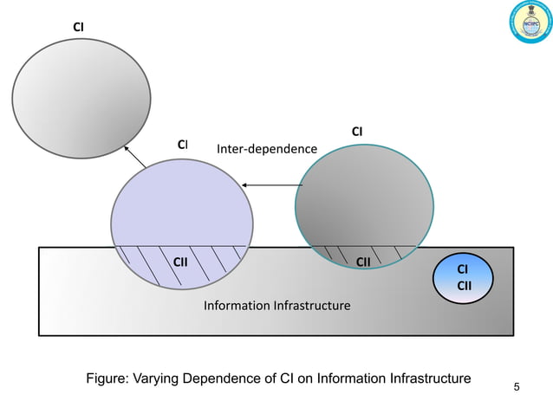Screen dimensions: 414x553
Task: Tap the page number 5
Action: click(x=517, y=386)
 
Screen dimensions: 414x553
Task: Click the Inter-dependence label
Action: click(x=266, y=149)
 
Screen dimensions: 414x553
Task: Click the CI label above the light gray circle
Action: click(x=78, y=28)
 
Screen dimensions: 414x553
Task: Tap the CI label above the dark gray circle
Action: click(x=356, y=132)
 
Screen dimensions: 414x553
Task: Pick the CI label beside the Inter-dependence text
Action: click(x=182, y=145)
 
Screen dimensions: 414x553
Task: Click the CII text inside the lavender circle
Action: click(x=180, y=261)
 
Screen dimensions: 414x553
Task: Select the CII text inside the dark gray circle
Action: click(x=364, y=261)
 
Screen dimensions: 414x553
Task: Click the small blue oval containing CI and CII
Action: click(x=464, y=279)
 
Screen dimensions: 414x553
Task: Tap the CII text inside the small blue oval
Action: click(x=464, y=287)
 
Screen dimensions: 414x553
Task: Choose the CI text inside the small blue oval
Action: click(x=464, y=270)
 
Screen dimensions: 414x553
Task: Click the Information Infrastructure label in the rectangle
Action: click(x=276, y=306)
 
